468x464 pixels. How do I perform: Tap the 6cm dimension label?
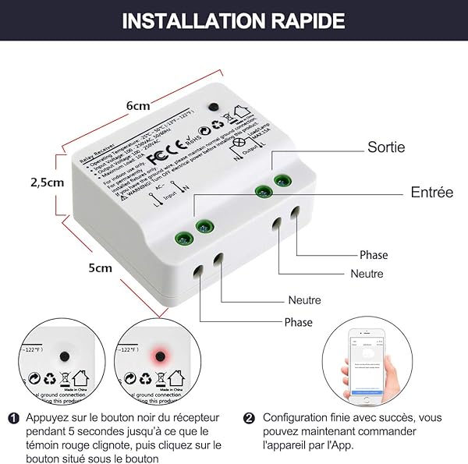click(x=137, y=105)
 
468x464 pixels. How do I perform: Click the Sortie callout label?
click(x=386, y=147)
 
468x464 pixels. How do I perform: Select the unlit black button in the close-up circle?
click(x=62, y=356)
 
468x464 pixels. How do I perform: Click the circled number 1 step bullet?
click(x=13, y=418)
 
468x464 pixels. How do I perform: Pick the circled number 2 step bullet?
click(x=249, y=418)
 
